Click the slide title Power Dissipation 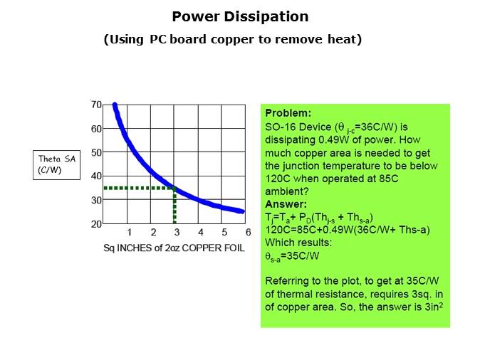point(240,16)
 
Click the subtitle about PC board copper point(233,40)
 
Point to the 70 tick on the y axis point(96,105)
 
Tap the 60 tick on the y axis point(96,129)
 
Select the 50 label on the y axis point(96,152)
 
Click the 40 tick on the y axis point(96,176)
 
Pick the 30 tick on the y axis point(96,200)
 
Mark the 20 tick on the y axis point(96,224)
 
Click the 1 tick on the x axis point(129,233)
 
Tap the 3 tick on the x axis point(177,233)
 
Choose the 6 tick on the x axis point(248,233)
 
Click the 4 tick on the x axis point(200,233)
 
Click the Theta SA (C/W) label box point(56,164)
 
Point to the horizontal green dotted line point(139,188)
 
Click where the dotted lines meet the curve point(175,188)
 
